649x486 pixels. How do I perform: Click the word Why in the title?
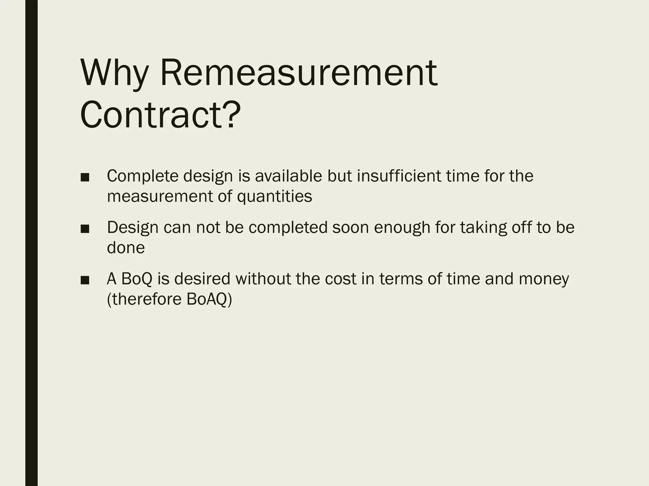(114, 73)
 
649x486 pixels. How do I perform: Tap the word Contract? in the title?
(161, 115)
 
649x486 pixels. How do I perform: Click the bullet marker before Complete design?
(85, 178)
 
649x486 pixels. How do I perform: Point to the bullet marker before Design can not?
(85, 229)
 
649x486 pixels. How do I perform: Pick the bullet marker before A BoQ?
(85, 280)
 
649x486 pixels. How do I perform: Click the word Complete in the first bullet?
(143, 176)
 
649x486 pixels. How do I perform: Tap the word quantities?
(274, 196)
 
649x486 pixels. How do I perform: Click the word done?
(126, 248)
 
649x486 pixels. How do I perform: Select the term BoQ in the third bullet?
(137, 279)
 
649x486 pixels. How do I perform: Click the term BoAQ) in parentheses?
(209, 299)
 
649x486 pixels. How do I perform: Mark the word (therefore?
(144, 299)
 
